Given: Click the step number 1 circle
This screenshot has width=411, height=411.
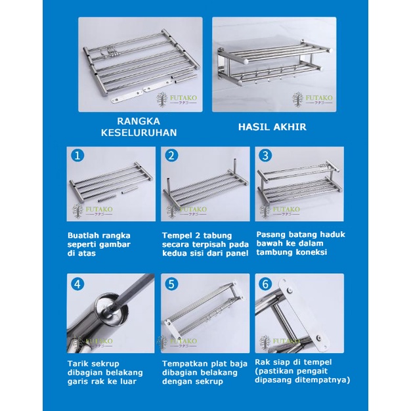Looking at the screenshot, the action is point(77,156).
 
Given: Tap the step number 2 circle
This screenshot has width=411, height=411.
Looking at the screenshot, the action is point(171,156).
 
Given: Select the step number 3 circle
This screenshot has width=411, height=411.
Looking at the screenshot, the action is point(265,156).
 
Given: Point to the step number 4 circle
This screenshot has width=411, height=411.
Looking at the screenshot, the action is point(77,284).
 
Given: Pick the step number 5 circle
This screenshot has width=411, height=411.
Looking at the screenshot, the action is point(171,284).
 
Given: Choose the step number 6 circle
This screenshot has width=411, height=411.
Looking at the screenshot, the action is point(265,284).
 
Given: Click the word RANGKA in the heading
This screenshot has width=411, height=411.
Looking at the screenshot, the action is point(139,121).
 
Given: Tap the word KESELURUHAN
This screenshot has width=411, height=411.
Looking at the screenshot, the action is point(139,133).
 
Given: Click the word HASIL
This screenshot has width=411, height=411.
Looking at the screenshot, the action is point(254,127).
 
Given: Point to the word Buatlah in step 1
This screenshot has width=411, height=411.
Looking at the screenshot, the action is point(81,236).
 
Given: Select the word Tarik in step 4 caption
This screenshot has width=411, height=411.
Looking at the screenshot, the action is point(77,364).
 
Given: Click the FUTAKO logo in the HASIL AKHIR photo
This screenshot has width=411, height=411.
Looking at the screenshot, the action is point(313,99).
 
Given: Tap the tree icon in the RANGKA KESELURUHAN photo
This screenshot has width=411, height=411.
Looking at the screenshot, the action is point(162,99).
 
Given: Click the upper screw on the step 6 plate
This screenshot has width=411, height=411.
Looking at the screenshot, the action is point(290,290).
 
